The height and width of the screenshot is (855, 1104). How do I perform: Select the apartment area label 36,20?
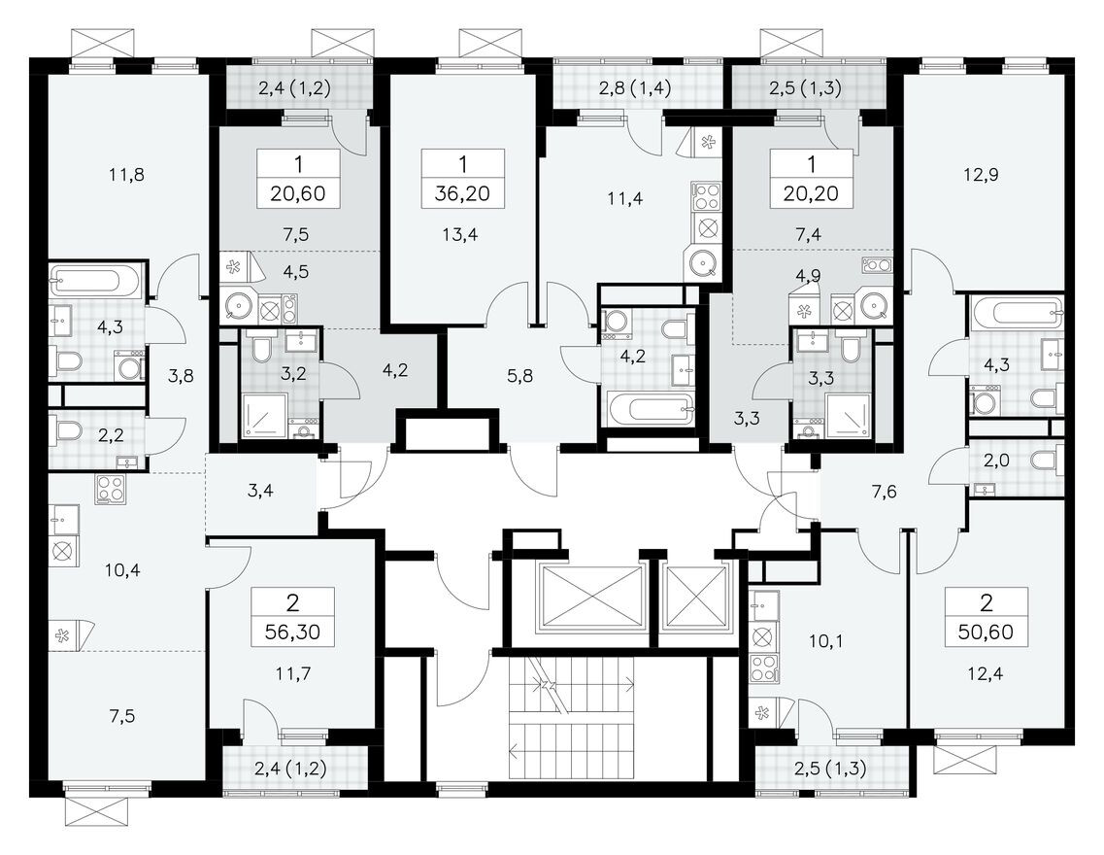[x=462, y=193]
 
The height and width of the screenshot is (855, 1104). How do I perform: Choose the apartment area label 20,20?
[x=811, y=193]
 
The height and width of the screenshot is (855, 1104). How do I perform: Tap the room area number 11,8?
[x=127, y=176]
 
